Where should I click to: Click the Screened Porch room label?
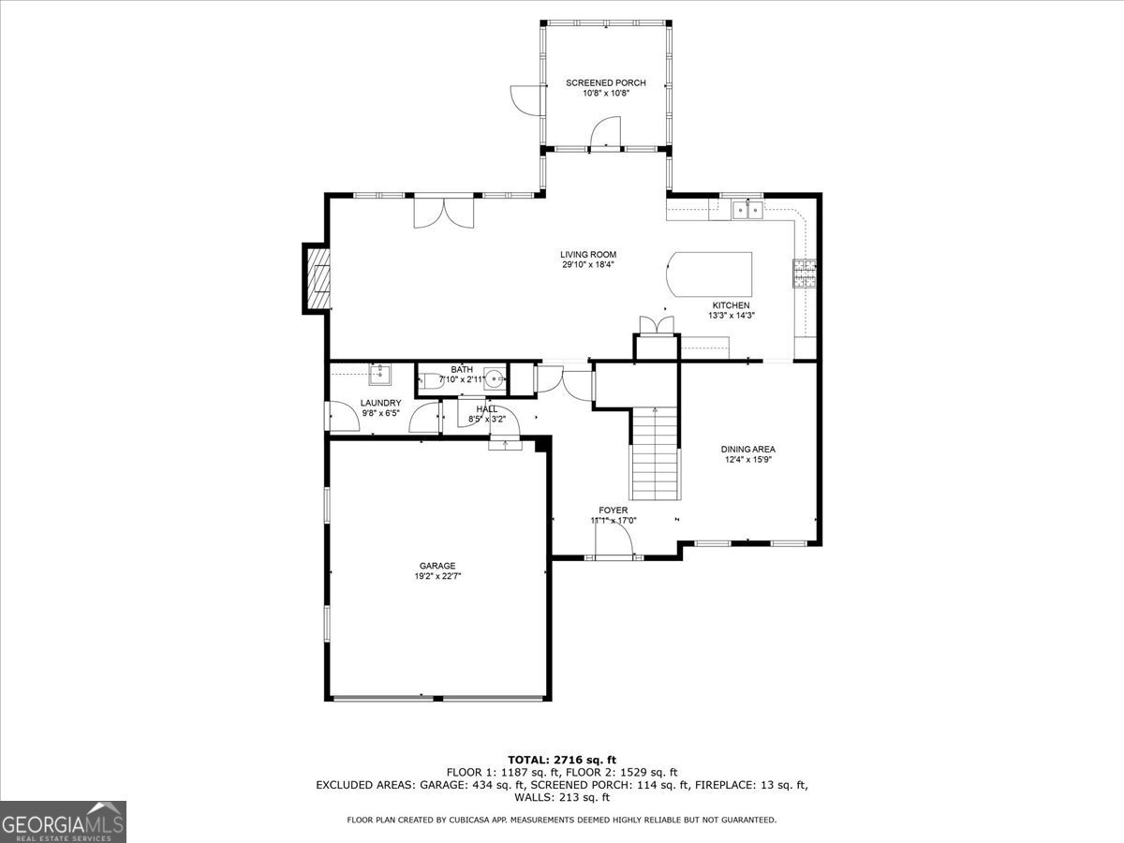[606, 83]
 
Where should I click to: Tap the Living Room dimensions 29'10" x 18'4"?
[588, 265]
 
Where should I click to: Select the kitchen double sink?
[747, 210]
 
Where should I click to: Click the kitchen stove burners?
[805, 274]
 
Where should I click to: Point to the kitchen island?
[709, 274]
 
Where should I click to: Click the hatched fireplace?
[318, 278]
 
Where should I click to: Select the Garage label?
[437, 566]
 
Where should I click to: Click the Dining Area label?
[748, 449]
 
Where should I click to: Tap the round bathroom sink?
[495, 379]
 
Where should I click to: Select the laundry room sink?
[380, 374]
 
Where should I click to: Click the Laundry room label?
[380, 403]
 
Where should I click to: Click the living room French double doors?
[444, 213]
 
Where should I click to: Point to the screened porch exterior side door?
[525, 100]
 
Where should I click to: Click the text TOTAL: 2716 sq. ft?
[562, 760]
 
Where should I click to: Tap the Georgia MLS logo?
[63, 821]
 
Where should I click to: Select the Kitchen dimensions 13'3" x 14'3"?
[732, 316]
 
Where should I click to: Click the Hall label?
[486, 409]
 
